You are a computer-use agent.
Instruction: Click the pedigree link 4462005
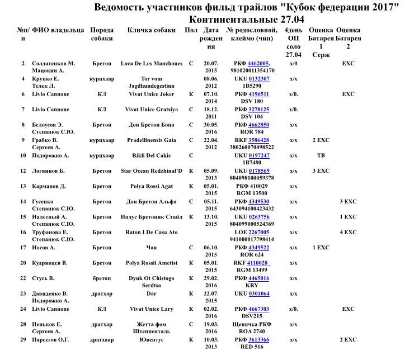pos(258,64)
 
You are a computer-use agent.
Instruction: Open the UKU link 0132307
pos(259,79)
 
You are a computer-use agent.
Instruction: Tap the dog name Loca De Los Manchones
pos(148,64)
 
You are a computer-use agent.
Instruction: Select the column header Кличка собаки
pos(148,30)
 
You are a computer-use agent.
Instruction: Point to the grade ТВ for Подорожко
pos(321,155)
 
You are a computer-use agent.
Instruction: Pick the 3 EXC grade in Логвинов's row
pos(321,170)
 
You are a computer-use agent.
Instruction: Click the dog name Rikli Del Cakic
pos(148,155)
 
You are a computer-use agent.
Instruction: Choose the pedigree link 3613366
pos(258,339)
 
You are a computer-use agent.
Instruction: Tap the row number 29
pos(23,339)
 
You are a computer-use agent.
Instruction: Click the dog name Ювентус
pos(148,339)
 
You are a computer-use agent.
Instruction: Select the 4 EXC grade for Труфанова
pos(348,232)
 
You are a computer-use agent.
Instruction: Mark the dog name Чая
pos(148,247)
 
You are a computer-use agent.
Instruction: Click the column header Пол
pos(191,30)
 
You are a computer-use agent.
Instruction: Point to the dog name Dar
pos(148,293)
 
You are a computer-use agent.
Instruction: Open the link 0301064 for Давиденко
pos(259,293)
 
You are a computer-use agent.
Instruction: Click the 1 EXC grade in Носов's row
pos(321,247)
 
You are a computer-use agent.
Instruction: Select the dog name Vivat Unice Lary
pos(148,309)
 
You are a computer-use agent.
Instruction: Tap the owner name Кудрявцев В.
pos(50,263)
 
